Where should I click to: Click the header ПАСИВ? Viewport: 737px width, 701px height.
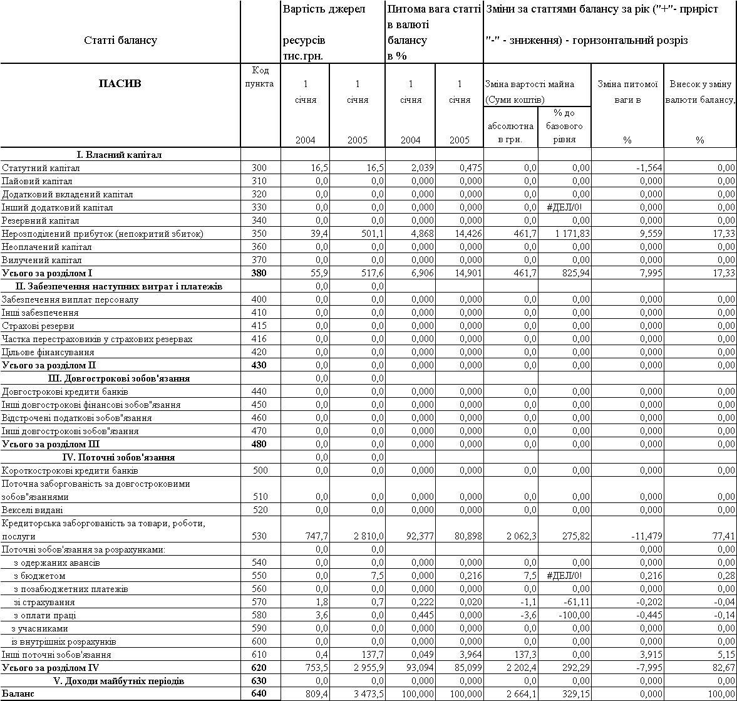pos(120,83)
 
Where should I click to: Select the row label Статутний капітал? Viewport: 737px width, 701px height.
pos(41,168)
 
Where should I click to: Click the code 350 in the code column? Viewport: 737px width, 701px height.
pos(259,234)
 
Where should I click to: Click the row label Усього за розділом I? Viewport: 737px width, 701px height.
pos(48,273)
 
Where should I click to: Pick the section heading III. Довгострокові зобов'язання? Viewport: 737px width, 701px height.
pos(119,378)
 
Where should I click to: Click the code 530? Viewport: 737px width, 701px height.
pos(259,536)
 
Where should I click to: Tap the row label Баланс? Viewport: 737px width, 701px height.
pos(18,694)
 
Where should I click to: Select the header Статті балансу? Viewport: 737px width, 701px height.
pos(120,41)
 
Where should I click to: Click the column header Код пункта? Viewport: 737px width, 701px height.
pos(259,77)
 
